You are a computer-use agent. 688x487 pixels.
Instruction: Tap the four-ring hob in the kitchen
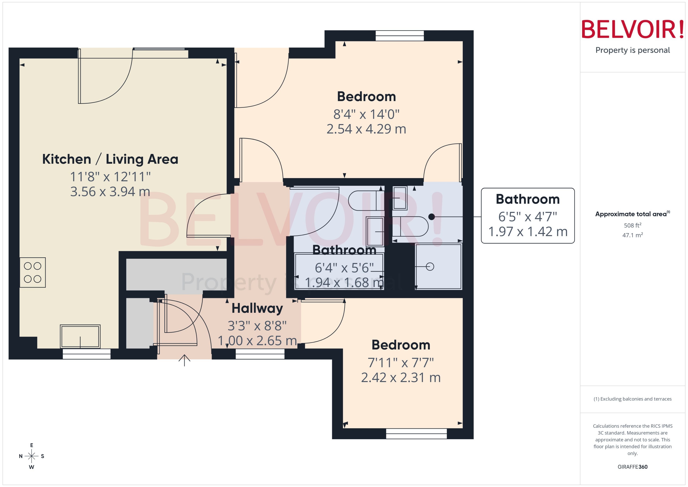click(x=33, y=272)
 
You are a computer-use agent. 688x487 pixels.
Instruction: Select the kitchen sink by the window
click(x=80, y=336)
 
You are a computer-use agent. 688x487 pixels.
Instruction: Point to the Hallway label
click(x=257, y=308)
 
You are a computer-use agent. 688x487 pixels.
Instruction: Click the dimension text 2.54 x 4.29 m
click(x=366, y=129)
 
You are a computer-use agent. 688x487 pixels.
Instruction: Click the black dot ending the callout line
click(x=431, y=216)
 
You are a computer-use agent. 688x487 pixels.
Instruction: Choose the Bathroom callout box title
click(x=527, y=199)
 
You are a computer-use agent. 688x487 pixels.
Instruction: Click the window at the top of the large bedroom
click(x=400, y=36)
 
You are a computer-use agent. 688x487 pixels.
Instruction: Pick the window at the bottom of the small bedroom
click(x=416, y=434)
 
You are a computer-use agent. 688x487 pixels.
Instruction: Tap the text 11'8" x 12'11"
click(x=110, y=177)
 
